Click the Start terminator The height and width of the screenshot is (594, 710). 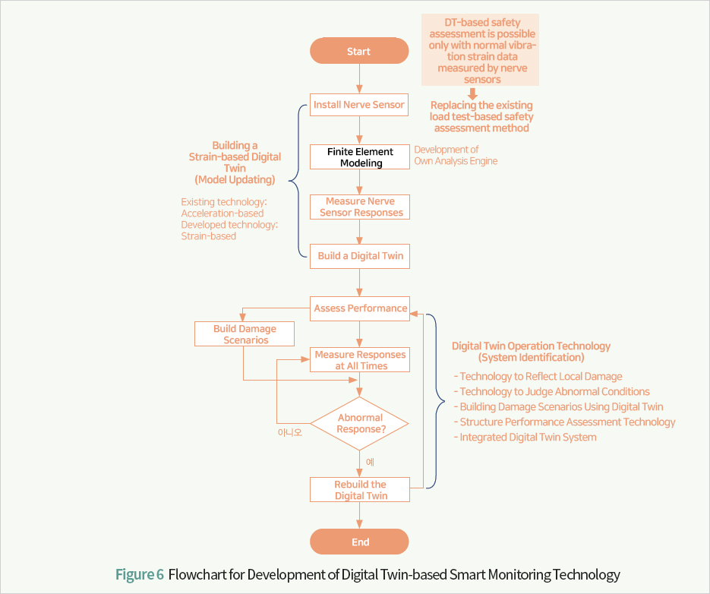[x=359, y=51]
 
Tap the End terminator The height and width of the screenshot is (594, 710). [x=359, y=542]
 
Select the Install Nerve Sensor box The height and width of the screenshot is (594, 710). [x=359, y=105]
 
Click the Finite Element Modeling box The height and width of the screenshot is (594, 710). [x=360, y=156]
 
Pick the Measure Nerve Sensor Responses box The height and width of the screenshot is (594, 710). [x=360, y=207]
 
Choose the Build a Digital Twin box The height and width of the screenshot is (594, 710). [x=360, y=256]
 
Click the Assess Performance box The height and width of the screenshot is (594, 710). [x=360, y=308]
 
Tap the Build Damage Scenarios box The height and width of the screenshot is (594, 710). [x=245, y=334]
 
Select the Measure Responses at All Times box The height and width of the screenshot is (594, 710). [x=360, y=360]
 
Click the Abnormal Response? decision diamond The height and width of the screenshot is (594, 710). [x=359, y=424]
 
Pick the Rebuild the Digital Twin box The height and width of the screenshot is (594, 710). [x=360, y=489]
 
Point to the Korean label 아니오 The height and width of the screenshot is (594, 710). [x=290, y=433]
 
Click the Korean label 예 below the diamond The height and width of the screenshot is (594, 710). [x=370, y=462]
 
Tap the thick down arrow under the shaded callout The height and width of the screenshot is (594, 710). [x=472, y=93]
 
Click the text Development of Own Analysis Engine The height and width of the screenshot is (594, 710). [x=456, y=155]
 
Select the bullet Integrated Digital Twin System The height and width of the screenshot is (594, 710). [x=525, y=438]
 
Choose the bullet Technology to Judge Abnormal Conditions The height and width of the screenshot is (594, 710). [x=552, y=391]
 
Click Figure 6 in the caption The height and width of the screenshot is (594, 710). [x=140, y=574]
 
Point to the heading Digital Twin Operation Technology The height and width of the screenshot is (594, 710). [x=531, y=346]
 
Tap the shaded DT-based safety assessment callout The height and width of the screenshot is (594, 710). [x=481, y=50]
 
